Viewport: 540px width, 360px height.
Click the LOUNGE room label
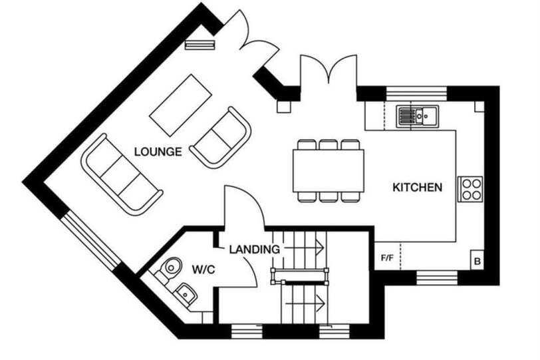[158, 152]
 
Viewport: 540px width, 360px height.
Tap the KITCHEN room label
[418, 188]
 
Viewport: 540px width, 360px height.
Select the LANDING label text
[255, 249]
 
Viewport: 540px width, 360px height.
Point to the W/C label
[203, 270]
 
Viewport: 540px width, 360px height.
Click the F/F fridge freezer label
[387, 258]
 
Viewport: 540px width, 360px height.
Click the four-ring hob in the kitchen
[470, 189]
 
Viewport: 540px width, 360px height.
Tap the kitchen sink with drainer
[417, 116]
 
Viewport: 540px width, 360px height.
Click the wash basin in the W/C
[186, 293]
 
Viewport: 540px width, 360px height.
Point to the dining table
[329, 171]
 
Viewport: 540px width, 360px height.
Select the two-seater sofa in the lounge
[221, 138]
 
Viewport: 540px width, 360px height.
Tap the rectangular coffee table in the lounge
[180, 105]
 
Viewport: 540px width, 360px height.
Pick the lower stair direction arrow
[306, 303]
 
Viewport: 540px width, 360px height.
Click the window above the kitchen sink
[416, 93]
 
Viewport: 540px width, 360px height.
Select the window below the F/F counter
[437, 277]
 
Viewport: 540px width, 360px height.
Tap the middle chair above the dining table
[329, 144]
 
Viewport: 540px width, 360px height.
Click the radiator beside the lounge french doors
[200, 45]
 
